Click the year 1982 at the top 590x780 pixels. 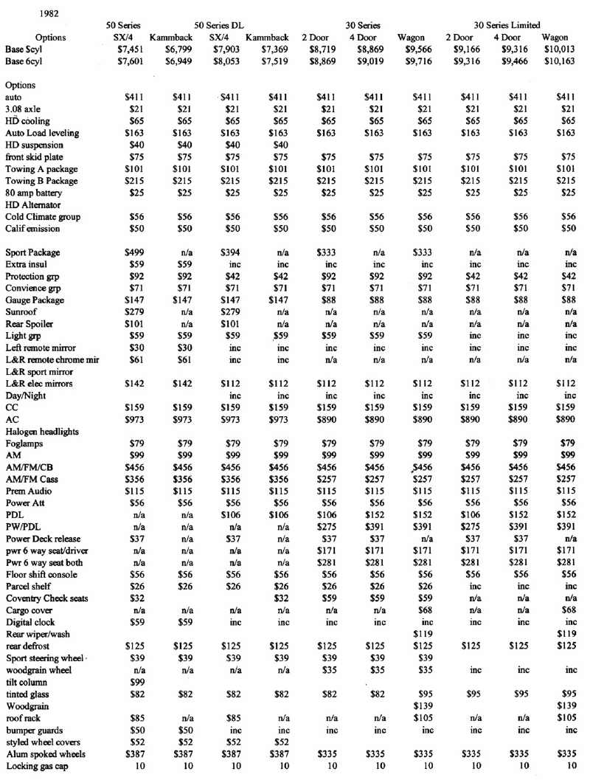coord(32,13)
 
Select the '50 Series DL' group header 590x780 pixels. coord(219,25)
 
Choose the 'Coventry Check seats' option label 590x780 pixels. coord(45,599)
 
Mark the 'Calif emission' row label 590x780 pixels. coord(33,229)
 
